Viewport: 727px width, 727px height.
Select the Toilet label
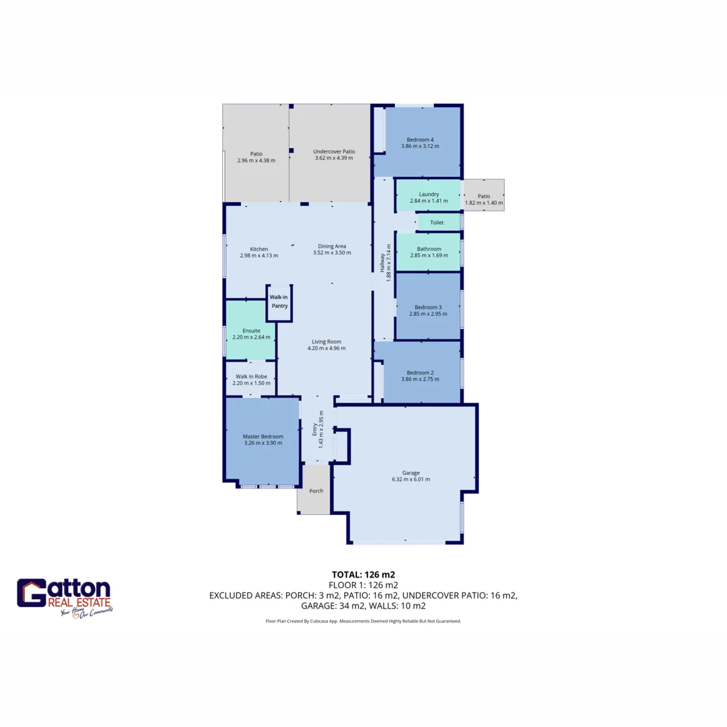coord(436,222)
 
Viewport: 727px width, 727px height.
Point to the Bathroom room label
coord(428,248)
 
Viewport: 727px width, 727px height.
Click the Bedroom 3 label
coord(428,307)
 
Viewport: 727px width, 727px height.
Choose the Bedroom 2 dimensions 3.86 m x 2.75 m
coord(420,380)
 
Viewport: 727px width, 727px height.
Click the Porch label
coord(316,491)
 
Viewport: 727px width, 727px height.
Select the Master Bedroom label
coord(263,436)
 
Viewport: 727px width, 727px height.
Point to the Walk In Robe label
coord(250,376)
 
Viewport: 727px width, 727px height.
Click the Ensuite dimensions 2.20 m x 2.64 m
coord(250,338)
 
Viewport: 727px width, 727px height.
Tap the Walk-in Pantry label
coord(279,302)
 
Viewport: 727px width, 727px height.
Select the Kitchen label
coord(258,249)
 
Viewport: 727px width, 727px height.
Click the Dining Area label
coord(332,246)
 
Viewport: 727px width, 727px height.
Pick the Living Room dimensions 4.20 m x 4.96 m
coord(326,349)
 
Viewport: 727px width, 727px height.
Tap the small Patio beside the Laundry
coord(484,195)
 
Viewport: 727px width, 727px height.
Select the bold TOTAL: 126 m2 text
coord(363,575)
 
